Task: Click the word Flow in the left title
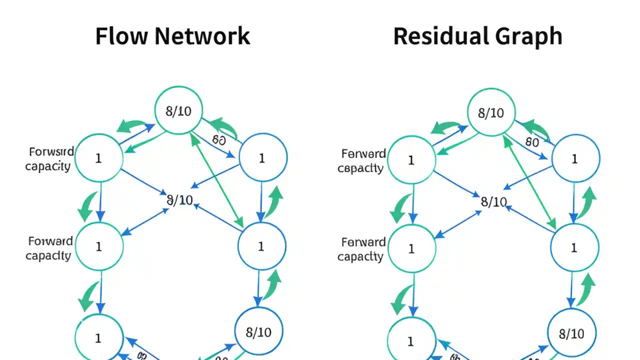[x=121, y=36]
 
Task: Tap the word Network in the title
[x=202, y=36]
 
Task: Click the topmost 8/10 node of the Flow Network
[x=178, y=110]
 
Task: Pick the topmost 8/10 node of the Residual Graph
[x=491, y=112]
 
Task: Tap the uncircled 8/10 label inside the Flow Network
[x=179, y=200]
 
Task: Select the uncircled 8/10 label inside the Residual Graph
[x=493, y=201]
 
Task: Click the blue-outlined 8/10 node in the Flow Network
[x=259, y=331]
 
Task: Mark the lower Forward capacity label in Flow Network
[x=49, y=248]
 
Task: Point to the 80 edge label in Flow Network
[x=218, y=139]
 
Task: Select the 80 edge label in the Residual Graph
[x=532, y=141]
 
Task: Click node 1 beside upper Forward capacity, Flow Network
[x=98, y=158]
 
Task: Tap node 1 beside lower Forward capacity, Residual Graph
[x=411, y=248]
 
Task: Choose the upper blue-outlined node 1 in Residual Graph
[x=575, y=158]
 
